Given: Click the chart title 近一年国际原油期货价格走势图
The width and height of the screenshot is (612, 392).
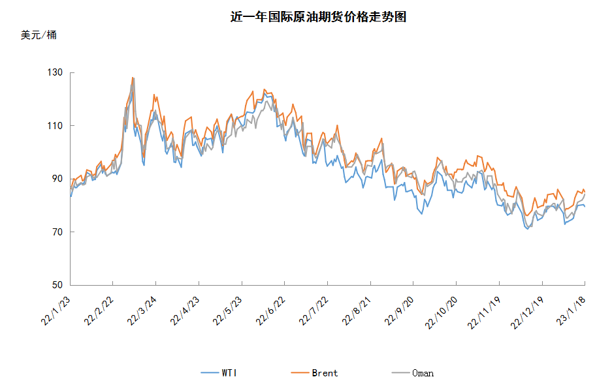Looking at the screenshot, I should tap(318, 18).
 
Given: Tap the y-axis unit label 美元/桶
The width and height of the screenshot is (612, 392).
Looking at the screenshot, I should tap(39, 35).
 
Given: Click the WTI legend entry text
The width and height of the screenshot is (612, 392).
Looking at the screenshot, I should tap(229, 373).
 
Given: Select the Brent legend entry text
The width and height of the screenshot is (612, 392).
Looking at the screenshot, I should tap(325, 373).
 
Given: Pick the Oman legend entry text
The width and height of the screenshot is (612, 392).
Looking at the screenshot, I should tap(423, 373).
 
